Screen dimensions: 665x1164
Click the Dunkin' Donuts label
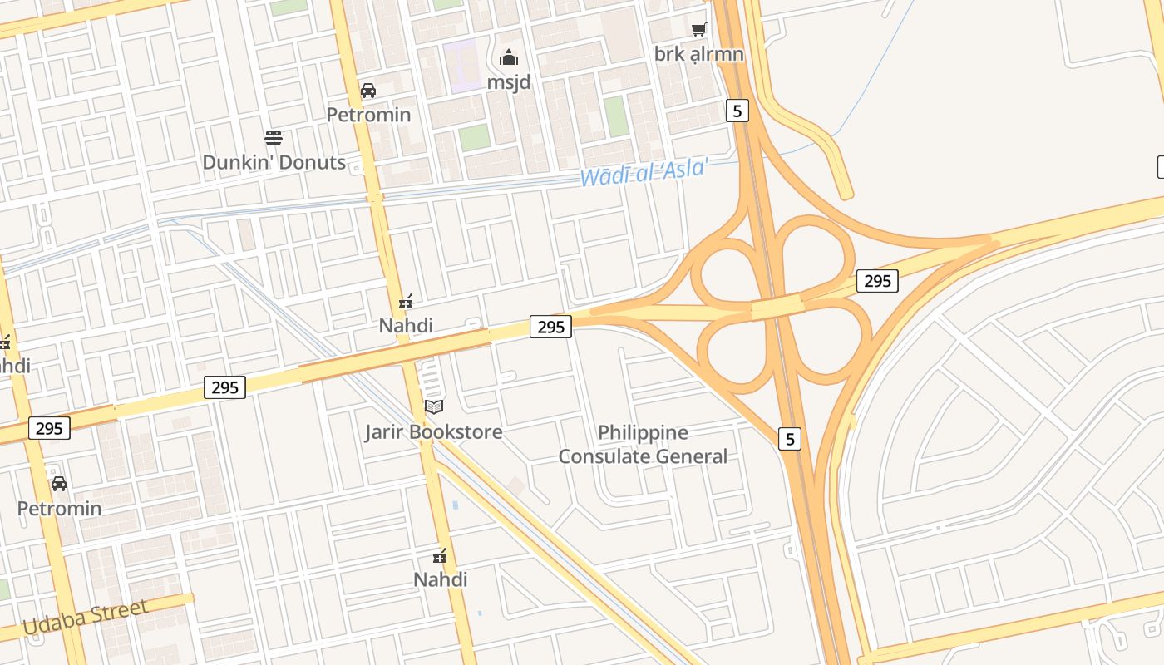tap(274, 162)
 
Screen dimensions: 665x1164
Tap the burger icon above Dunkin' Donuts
tap(274, 137)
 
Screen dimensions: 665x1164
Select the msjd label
tap(508, 82)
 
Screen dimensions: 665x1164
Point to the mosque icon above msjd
tap(508, 58)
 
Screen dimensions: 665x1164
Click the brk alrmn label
tap(698, 54)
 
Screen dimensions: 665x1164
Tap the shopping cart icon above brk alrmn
tap(698, 30)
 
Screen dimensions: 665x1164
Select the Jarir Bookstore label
tap(433, 432)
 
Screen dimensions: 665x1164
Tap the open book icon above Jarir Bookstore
tap(433, 406)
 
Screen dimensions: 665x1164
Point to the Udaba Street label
tap(86, 618)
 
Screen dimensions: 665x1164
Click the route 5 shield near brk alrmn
tap(737, 110)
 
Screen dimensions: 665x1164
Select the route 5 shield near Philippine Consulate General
tap(790, 438)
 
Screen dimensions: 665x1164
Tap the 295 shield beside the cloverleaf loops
tap(877, 281)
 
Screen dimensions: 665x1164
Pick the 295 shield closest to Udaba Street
tap(49, 428)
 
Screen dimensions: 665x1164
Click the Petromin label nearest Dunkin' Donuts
tap(368, 115)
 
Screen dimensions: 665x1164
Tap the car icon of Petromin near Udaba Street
tap(59, 484)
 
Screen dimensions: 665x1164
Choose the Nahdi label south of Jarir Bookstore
tap(440, 579)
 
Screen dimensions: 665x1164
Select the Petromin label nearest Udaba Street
tap(60, 509)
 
